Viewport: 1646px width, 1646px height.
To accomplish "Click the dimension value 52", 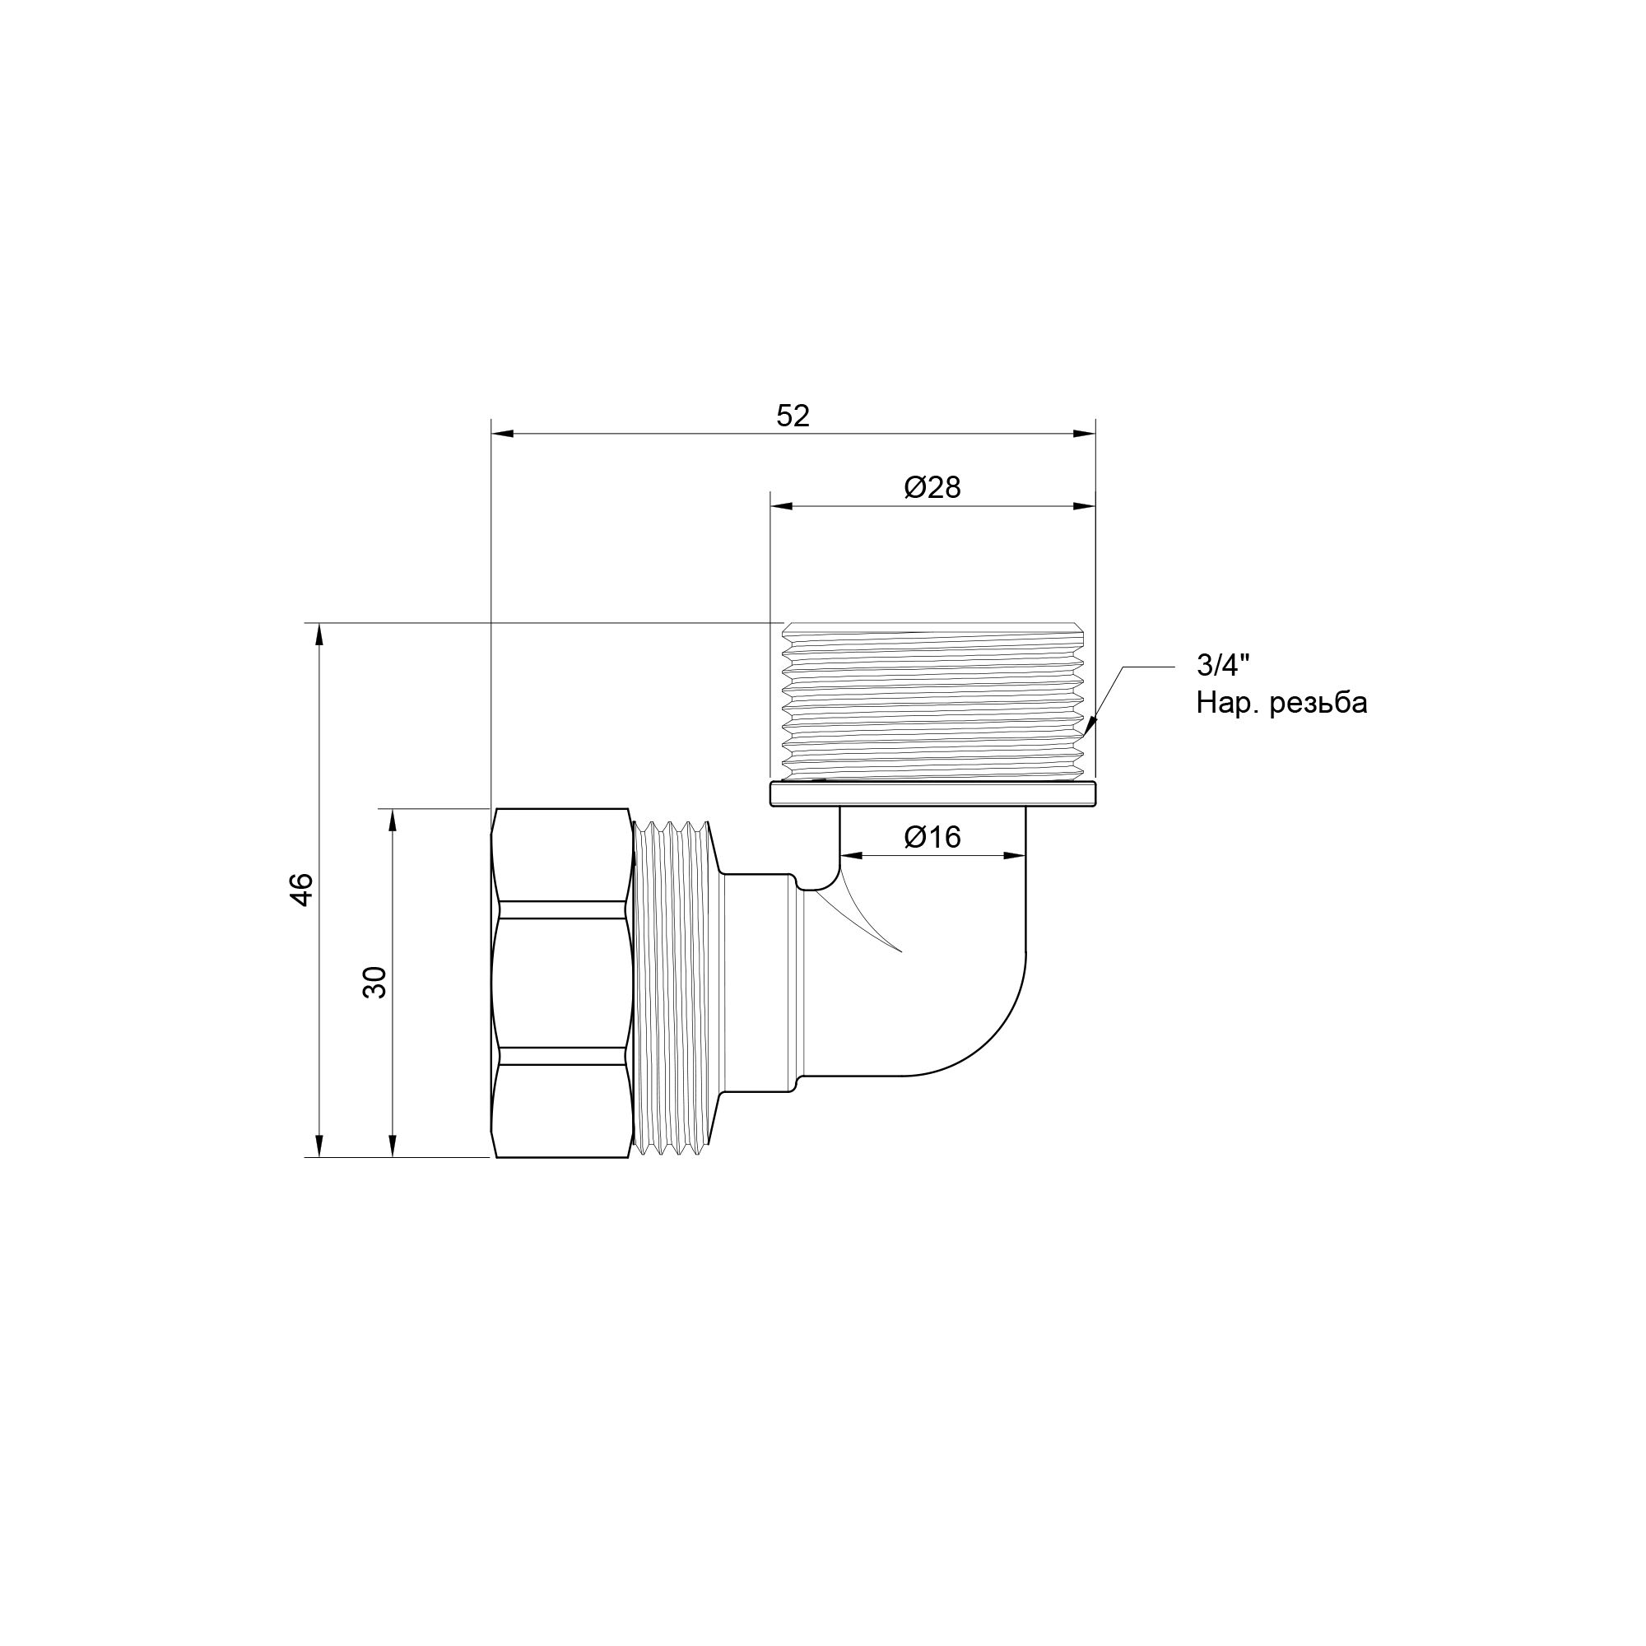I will point(793,416).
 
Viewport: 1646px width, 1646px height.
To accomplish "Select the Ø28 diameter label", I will point(932,488).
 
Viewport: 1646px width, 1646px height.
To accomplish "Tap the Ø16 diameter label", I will point(932,838).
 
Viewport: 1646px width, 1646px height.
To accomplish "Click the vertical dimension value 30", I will point(374,983).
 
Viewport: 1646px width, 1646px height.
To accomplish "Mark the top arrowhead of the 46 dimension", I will point(319,635).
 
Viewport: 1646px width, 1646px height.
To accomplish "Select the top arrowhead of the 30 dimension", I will point(393,820).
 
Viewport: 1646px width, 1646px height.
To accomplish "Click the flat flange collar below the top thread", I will point(932,794).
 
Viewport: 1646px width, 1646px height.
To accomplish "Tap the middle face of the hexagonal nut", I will point(562,983).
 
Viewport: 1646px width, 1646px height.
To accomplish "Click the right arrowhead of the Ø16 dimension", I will point(1016,855).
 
